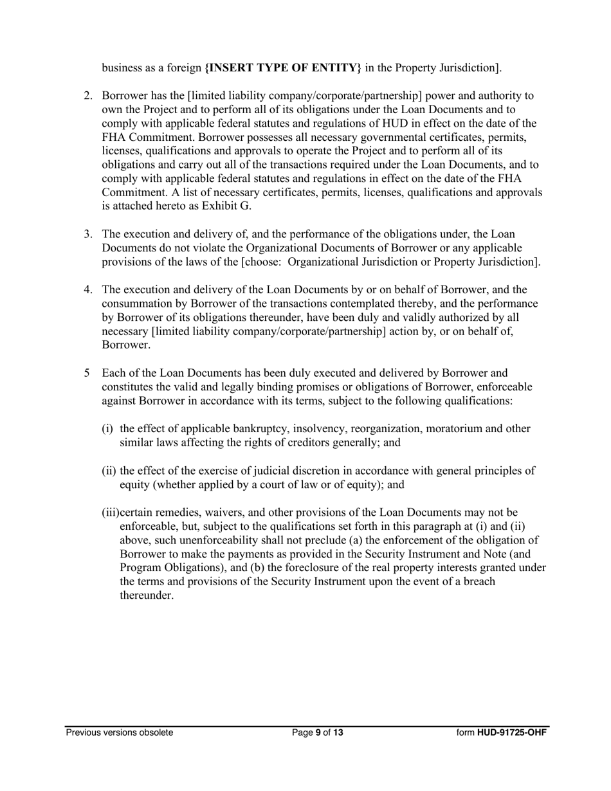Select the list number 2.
click(88, 96)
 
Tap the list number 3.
click(88, 234)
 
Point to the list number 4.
click(88, 290)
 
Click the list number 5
click(87, 373)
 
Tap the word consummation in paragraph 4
click(134, 304)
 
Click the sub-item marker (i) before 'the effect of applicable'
click(107, 429)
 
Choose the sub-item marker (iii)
click(111, 513)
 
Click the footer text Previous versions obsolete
click(119, 732)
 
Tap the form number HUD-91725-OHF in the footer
click(512, 732)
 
